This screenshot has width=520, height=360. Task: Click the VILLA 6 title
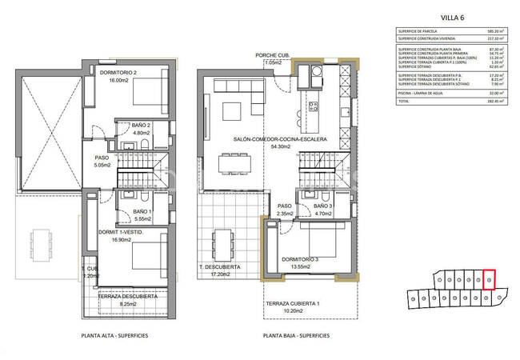tap(454, 16)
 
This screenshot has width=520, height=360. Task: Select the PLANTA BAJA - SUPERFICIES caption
tap(292, 336)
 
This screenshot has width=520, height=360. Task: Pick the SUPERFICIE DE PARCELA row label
tap(420, 33)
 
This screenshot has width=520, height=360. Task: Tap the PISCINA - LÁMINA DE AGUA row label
tap(424, 94)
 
